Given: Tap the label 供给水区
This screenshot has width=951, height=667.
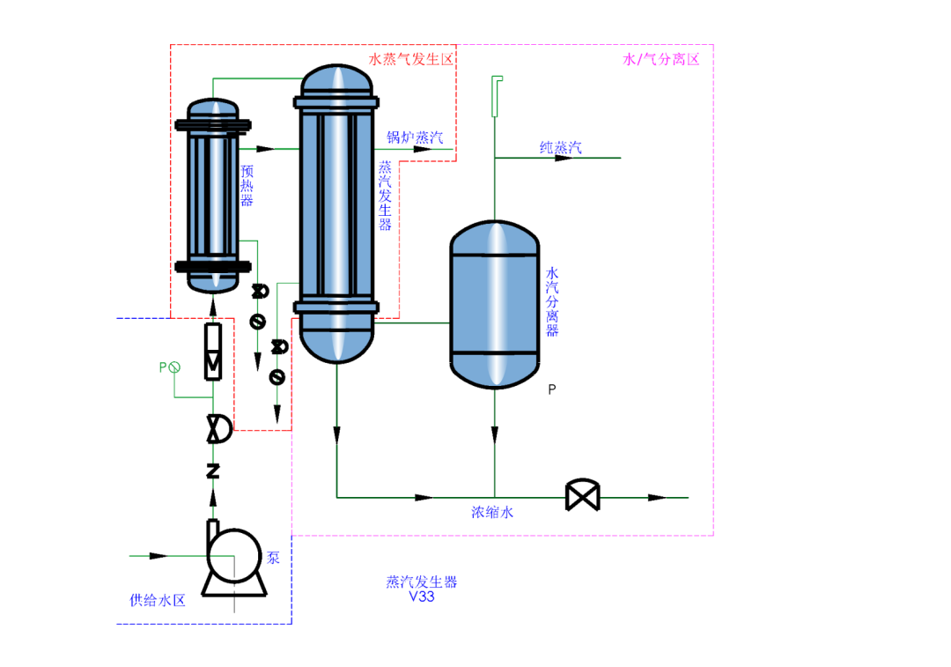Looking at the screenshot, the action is [x=158, y=600].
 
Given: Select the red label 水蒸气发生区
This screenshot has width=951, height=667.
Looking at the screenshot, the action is [x=410, y=59].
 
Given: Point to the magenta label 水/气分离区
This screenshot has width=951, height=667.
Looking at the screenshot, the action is [x=661, y=59].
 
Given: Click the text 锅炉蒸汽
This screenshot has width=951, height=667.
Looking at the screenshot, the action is [x=415, y=137].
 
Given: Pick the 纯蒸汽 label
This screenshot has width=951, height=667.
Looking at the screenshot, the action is [x=560, y=147].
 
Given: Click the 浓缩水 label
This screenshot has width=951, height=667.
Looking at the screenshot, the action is [x=492, y=512].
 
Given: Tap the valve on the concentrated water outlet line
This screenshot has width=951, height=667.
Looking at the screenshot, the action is [x=583, y=495].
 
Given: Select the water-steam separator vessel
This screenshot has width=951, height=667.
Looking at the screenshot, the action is [x=495, y=304].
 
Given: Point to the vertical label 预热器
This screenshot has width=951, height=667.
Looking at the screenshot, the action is [x=247, y=185].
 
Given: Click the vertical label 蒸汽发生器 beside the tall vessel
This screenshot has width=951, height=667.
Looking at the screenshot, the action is [x=385, y=196].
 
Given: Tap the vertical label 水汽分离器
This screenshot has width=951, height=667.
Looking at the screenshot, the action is [x=552, y=301].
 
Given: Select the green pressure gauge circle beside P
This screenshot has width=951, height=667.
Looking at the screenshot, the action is [x=174, y=367].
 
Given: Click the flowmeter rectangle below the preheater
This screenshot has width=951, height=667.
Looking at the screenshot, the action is [x=213, y=352].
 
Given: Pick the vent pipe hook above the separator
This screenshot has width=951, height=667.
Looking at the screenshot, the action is [x=496, y=95].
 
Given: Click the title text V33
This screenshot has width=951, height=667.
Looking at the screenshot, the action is [x=422, y=597].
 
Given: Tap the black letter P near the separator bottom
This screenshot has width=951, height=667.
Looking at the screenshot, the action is [x=552, y=389].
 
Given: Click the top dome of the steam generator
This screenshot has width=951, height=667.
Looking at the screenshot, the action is [x=336, y=79].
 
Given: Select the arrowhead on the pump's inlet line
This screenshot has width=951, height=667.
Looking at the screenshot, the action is [x=158, y=555].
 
